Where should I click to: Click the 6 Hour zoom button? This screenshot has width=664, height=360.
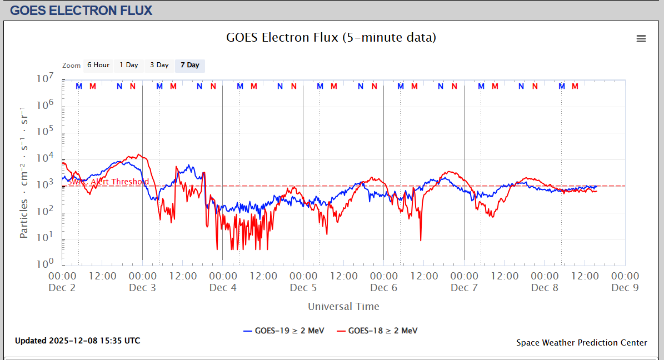(98, 65)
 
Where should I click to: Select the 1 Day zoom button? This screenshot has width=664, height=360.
(128, 65)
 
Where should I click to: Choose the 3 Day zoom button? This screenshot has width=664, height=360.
(159, 65)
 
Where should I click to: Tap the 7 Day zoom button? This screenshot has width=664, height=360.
(189, 65)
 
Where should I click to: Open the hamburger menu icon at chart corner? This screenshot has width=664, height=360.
(641, 38)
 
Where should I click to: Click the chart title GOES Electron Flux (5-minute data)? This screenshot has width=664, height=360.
(331, 37)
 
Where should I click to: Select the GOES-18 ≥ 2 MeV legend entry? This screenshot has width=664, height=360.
(377, 331)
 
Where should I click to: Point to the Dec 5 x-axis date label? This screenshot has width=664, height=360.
(303, 287)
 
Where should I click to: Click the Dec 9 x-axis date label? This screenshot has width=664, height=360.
(625, 287)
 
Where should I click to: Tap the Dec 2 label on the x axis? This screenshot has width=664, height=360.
(62, 287)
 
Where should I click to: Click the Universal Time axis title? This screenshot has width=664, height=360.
(343, 306)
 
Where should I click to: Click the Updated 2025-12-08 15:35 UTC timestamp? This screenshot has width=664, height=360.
(77, 340)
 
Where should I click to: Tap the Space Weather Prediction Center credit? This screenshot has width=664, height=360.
(581, 342)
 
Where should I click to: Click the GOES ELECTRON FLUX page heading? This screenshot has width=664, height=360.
(81, 10)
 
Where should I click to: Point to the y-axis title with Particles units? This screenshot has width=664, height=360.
(24, 172)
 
